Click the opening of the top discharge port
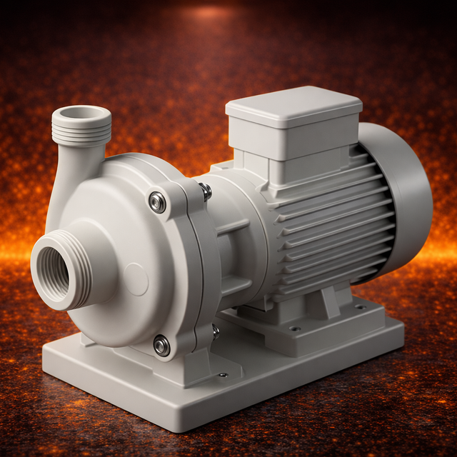[x=81, y=113]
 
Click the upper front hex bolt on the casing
[x=158, y=202]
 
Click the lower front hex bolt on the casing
[x=162, y=346]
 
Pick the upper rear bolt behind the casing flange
[x=206, y=190]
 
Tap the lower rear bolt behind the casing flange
[x=216, y=331]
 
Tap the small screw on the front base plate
[x=223, y=374]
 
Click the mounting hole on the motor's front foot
[x=295, y=328]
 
